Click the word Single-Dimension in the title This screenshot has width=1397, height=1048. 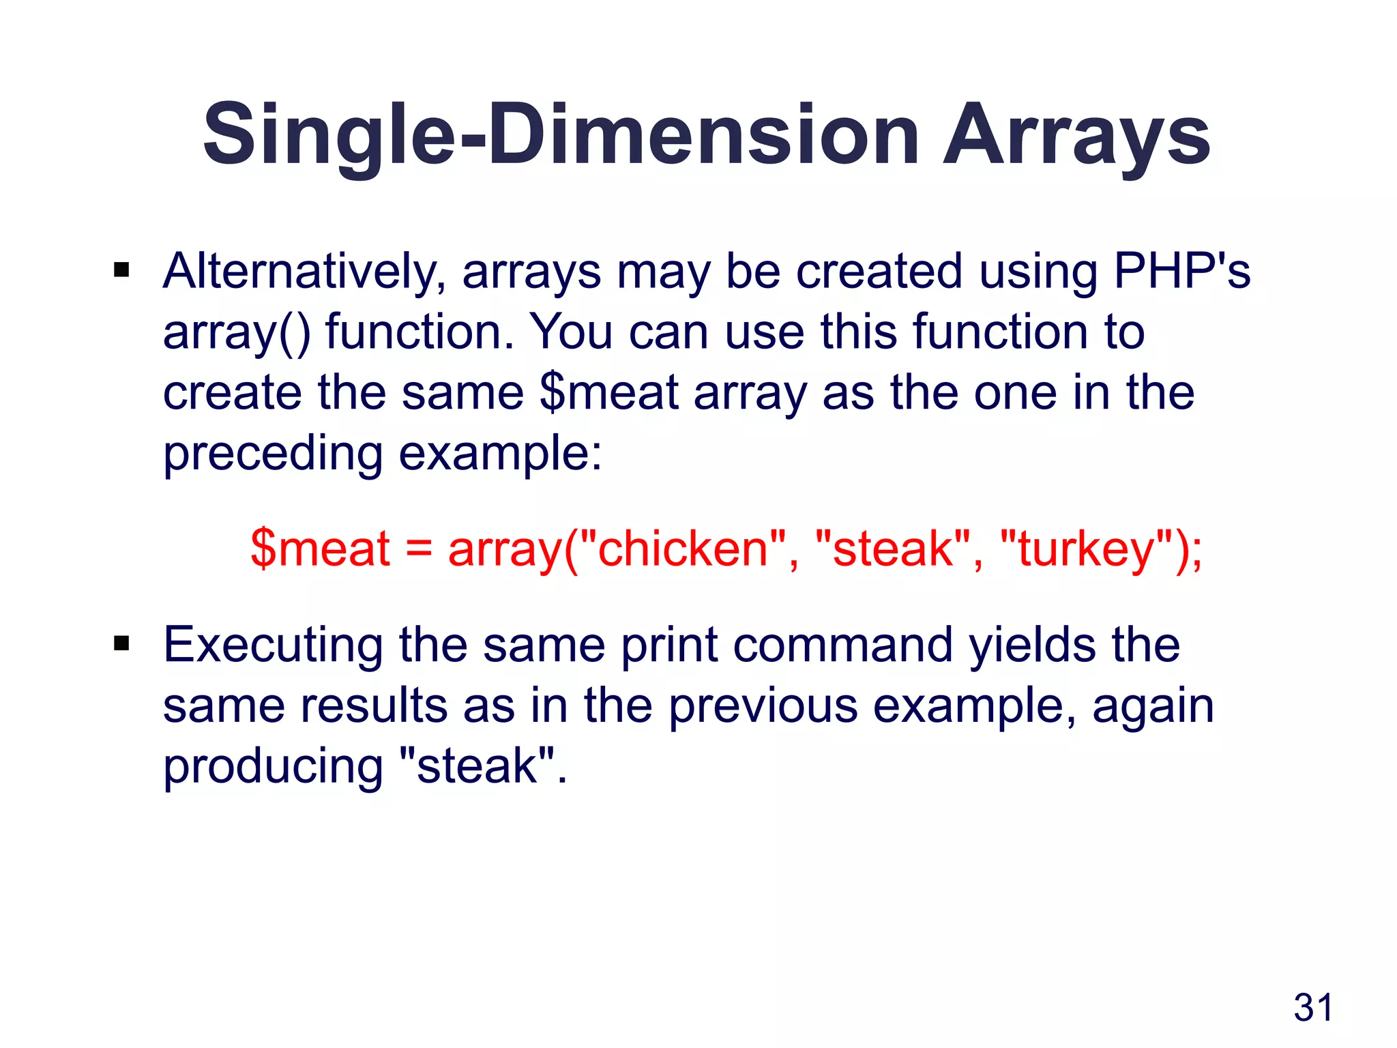pos(561,134)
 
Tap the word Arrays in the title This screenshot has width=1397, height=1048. pos(1076,134)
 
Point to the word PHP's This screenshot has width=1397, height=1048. pos(1181,272)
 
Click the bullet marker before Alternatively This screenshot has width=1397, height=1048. pos(121,271)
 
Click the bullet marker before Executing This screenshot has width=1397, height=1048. pos(121,643)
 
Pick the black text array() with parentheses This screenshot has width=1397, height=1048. pos(237,333)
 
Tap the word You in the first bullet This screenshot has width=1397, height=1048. pos(572,332)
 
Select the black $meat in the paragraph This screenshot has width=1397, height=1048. pos(608,393)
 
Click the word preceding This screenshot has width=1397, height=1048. pos(273,454)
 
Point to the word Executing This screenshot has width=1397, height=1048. pos(273,645)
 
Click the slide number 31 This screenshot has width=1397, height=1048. pos(1313,1008)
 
